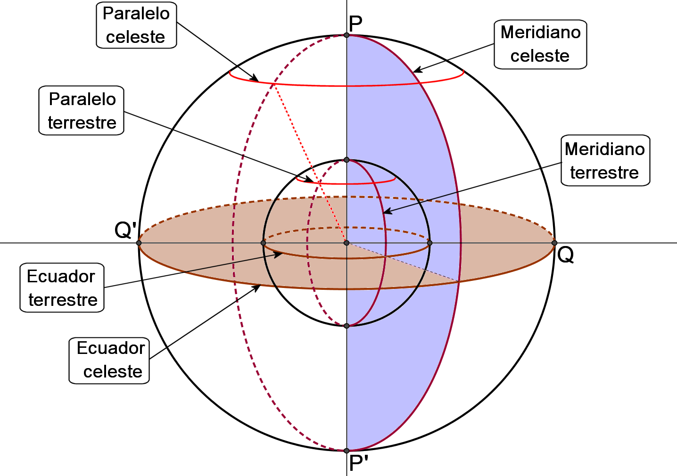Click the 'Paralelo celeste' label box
click(x=136, y=25)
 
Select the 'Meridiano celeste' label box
click(x=540, y=44)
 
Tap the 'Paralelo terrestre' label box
click(x=82, y=111)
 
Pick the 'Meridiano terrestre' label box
click(x=605, y=161)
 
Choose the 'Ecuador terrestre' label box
click(x=62, y=287)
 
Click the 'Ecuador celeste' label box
click(x=110, y=360)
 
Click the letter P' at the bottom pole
click(x=358, y=464)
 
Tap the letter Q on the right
click(x=565, y=255)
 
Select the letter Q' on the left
click(x=125, y=230)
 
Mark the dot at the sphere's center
click(x=347, y=243)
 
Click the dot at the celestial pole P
click(x=347, y=35)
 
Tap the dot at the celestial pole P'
click(x=347, y=451)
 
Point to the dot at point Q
click(x=554, y=243)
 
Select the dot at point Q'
click(x=139, y=243)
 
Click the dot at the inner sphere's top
click(x=347, y=160)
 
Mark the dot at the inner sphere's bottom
click(x=347, y=326)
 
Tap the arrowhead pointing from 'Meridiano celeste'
click(x=416, y=71)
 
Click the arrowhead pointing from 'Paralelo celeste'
click(x=256, y=80)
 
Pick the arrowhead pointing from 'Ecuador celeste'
click(x=258, y=287)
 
